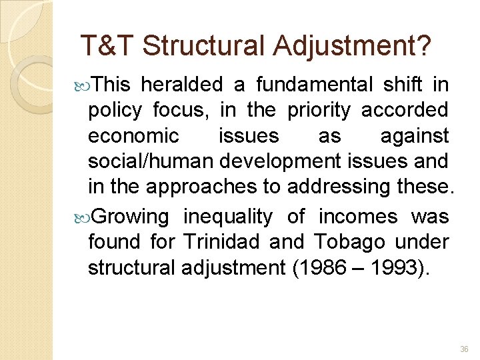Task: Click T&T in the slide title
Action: pos(107,46)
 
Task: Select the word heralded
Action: pos(182,85)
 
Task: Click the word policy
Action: pos(114,110)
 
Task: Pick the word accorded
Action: pos(405,110)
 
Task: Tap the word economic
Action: pos(133,136)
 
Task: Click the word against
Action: pos(415,136)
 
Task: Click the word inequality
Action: pos(228,217)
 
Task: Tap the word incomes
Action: pos(358,217)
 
